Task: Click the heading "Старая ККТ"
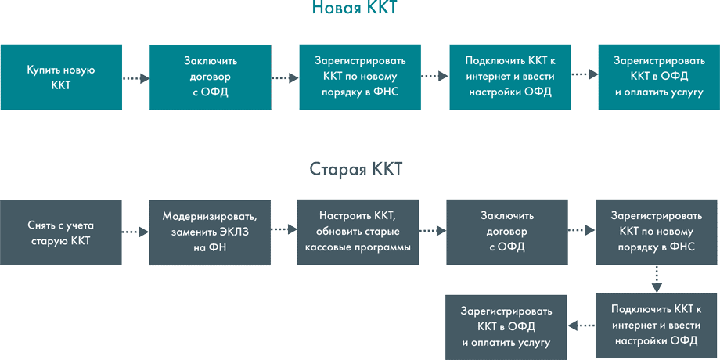(356, 170)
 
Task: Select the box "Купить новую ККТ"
(61, 77)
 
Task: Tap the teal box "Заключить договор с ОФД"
(211, 77)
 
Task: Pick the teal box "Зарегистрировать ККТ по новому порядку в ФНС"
(360, 77)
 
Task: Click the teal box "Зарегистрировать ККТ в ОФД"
(659, 77)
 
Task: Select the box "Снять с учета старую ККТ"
(61, 232)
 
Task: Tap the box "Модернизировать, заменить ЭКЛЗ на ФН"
(210, 232)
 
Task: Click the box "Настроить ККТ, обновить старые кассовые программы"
(358, 232)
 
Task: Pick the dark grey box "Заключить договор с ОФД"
(507, 232)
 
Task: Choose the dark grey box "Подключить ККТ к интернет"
(657, 325)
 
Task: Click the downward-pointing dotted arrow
(657, 278)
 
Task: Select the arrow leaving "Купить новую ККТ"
(135, 77)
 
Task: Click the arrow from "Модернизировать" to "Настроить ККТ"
(284, 229)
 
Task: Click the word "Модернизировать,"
(210, 216)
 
